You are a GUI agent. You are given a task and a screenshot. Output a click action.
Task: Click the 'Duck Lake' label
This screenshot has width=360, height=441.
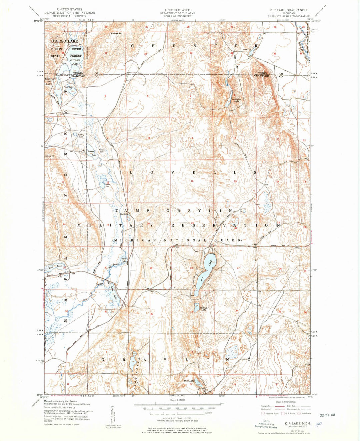coord(189,380)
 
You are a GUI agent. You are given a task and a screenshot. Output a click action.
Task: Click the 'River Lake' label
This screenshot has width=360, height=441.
coord(124,260)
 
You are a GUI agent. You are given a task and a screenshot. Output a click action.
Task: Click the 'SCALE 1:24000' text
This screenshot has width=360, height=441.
coord(177,400)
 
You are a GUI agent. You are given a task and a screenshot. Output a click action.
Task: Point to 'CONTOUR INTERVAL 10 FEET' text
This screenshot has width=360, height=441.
coord(177,418)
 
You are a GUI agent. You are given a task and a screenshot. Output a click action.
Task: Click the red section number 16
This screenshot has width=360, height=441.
coord(192,181)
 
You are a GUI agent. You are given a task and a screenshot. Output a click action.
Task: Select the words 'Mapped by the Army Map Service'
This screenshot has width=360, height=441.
coord(60,402)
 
